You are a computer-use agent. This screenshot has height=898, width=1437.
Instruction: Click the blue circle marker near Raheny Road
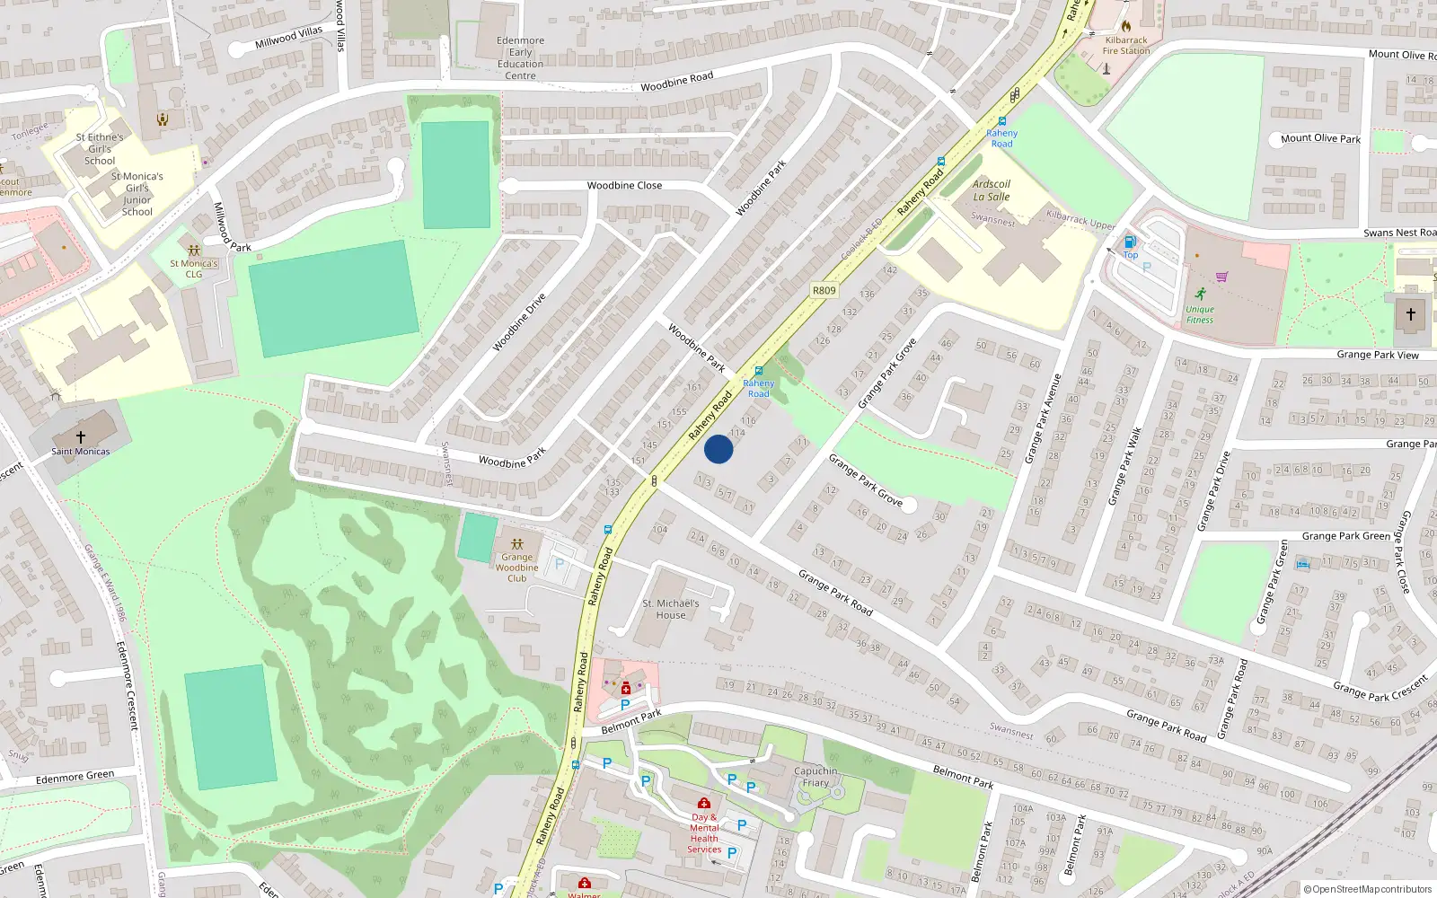click(x=718, y=449)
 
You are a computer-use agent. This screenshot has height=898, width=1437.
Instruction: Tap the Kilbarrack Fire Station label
click(x=1126, y=46)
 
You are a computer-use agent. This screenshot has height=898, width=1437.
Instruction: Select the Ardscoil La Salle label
click(x=992, y=190)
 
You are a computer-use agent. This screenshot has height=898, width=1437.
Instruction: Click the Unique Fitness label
click(x=1200, y=314)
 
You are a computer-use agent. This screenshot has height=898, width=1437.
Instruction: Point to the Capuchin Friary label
click(x=815, y=777)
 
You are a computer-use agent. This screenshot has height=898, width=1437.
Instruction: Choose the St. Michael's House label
click(x=671, y=609)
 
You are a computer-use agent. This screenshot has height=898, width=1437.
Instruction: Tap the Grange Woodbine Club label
click(x=517, y=568)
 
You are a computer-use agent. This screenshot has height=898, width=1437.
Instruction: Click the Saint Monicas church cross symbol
click(x=81, y=436)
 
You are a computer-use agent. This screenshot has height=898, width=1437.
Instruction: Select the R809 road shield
click(x=824, y=290)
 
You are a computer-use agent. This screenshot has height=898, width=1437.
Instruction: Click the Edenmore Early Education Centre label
click(x=521, y=58)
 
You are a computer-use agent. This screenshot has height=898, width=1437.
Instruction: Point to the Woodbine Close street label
click(x=624, y=186)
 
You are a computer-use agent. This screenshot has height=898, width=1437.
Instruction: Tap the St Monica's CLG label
click(x=194, y=269)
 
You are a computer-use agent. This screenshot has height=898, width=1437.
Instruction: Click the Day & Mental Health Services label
click(x=704, y=833)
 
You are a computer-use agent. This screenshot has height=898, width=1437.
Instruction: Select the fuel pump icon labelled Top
click(x=1130, y=242)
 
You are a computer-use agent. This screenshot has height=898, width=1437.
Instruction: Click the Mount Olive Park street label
click(x=1320, y=138)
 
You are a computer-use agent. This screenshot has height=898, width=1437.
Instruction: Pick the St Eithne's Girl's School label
click(x=100, y=149)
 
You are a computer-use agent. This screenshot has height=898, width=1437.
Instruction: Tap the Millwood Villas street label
click(x=288, y=38)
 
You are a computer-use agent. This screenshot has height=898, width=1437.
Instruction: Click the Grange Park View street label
click(x=1378, y=355)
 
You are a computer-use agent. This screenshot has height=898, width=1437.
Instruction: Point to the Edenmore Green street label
click(x=75, y=777)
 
